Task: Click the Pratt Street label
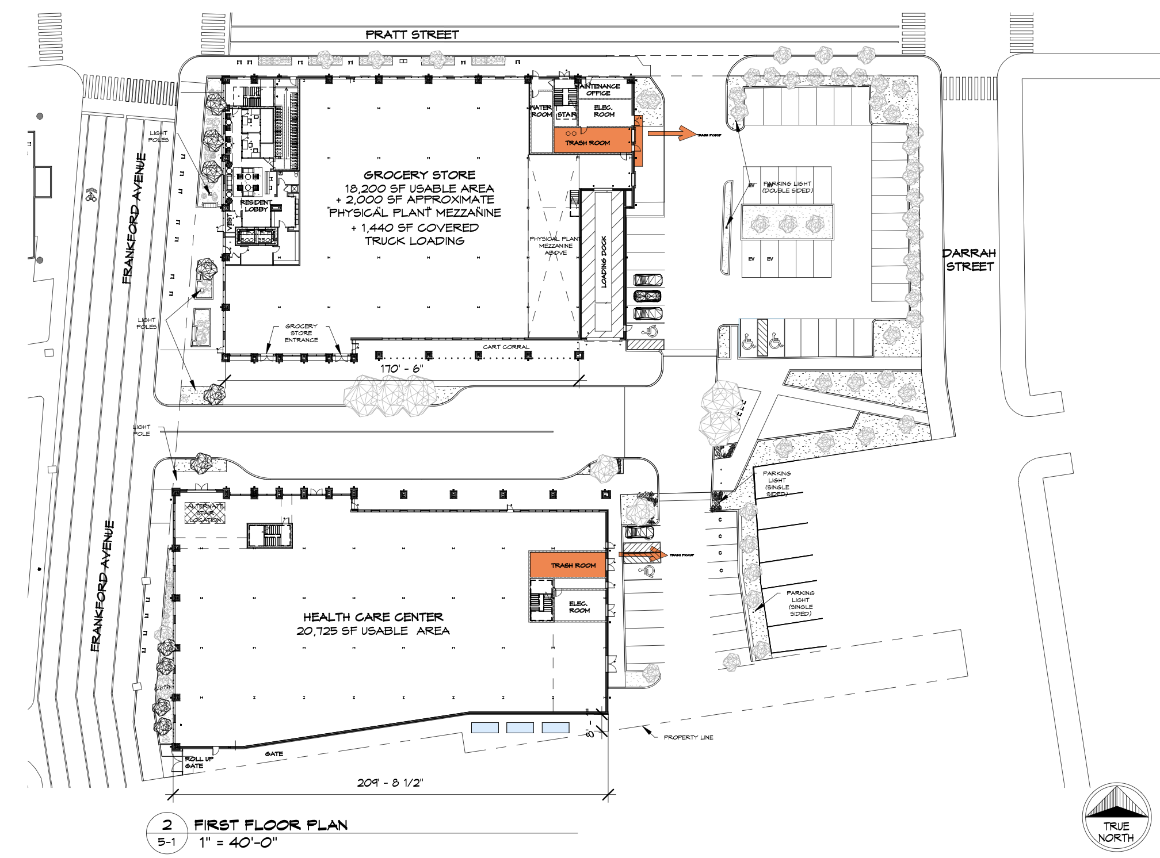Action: [412, 35]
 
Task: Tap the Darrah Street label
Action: [970, 260]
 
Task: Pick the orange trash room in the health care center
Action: [568, 565]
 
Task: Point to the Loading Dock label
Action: [604, 262]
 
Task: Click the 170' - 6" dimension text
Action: [402, 369]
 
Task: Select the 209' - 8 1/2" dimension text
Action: [390, 783]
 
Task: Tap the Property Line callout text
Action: [688, 737]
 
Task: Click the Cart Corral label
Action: [506, 347]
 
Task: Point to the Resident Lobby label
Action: [255, 206]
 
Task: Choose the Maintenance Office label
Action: [598, 90]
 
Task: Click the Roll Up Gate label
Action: [199, 763]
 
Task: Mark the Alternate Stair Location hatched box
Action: [205, 513]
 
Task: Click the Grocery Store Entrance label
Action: [301, 333]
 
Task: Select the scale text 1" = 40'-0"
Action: [238, 843]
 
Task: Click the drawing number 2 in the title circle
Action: [167, 825]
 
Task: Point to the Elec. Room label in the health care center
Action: [579, 607]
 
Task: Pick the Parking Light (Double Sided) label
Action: [787, 187]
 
